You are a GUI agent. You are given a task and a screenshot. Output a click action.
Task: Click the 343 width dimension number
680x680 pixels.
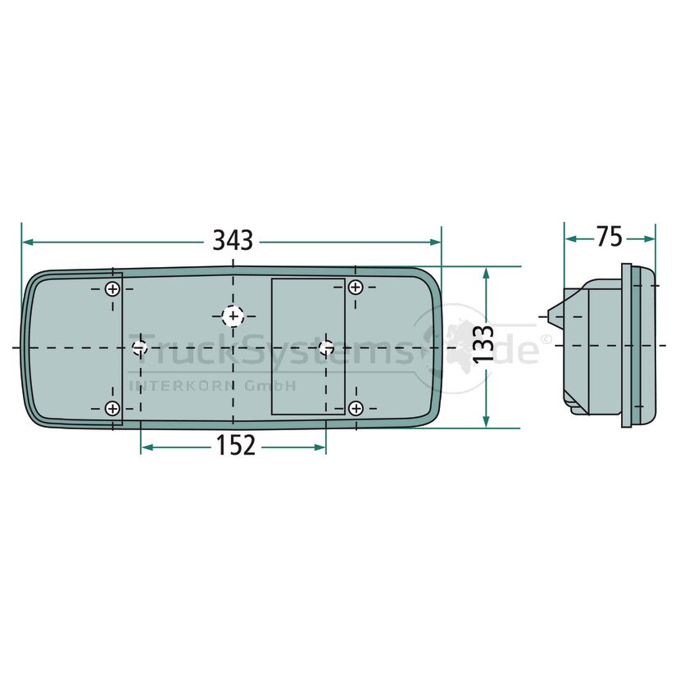point(233,240)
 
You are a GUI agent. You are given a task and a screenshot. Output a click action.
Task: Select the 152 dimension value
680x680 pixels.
point(235,446)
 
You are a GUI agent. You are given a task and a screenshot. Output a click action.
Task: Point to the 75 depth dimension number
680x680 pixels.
point(609,237)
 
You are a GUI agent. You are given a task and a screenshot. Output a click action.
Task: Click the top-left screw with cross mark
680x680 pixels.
point(113,289)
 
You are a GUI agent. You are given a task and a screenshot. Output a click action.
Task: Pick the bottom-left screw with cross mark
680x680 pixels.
point(113,408)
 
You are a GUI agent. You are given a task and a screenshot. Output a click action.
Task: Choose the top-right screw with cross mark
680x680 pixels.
point(356,287)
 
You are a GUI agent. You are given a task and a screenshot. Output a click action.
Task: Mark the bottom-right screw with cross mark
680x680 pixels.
point(356,408)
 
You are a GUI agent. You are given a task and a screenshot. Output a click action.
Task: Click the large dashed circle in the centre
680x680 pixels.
point(233,316)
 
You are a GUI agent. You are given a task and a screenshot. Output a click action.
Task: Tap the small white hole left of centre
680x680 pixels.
point(139,347)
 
